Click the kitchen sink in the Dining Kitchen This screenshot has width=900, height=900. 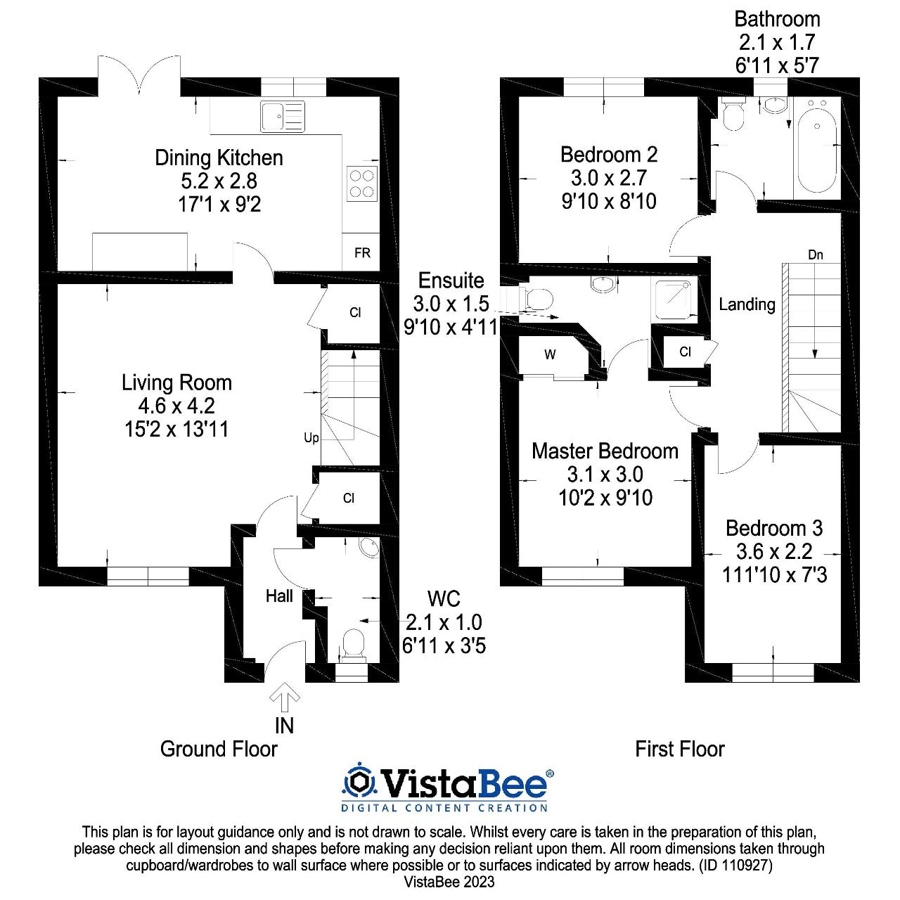[x=283, y=116]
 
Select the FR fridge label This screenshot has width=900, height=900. [x=362, y=253]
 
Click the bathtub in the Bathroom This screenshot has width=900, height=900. [x=816, y=149]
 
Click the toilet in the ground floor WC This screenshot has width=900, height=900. [x=352, y=644]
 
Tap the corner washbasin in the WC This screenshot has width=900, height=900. [x=368, y=548]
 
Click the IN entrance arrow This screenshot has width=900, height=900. [x=284, y=697]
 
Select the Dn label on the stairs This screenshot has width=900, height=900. [x=815, y=255]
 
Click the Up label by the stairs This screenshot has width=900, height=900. [x=311, y=438]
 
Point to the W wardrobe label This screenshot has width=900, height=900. [x=550, y=355]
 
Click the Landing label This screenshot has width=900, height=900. [x=747, y=304]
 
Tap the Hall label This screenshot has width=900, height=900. [x=279, y=596]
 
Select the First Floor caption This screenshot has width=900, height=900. [x=679, y=749]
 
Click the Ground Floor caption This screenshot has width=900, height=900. [x=219, y=749]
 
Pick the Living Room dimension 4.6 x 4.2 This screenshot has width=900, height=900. [x=176, y=406]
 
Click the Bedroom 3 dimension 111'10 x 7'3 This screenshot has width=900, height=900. [x=774, y=574]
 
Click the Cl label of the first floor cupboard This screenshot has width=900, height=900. [x=685, y=352]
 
